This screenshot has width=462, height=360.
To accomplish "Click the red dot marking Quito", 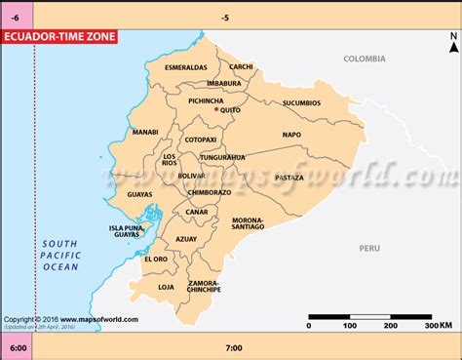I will coord(215,109).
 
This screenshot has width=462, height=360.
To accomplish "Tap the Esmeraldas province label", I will coord(186,67).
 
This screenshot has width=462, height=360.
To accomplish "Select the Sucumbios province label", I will coord(301,102).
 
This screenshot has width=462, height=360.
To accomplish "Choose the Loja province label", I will coord(166,287).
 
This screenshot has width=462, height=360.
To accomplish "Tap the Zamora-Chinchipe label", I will coord(204,287).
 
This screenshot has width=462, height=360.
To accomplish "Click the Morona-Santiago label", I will coord(249,223).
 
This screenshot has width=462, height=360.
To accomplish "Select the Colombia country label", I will coord(365,59).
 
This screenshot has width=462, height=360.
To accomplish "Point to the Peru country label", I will coord(368,249).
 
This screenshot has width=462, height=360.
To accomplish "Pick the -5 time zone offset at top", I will coord(226,18).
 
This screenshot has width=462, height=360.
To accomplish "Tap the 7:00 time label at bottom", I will coord(233,347).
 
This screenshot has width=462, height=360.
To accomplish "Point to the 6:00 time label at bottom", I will coord(17,347).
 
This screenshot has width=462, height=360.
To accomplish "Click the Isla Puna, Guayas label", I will coord(125,231).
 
